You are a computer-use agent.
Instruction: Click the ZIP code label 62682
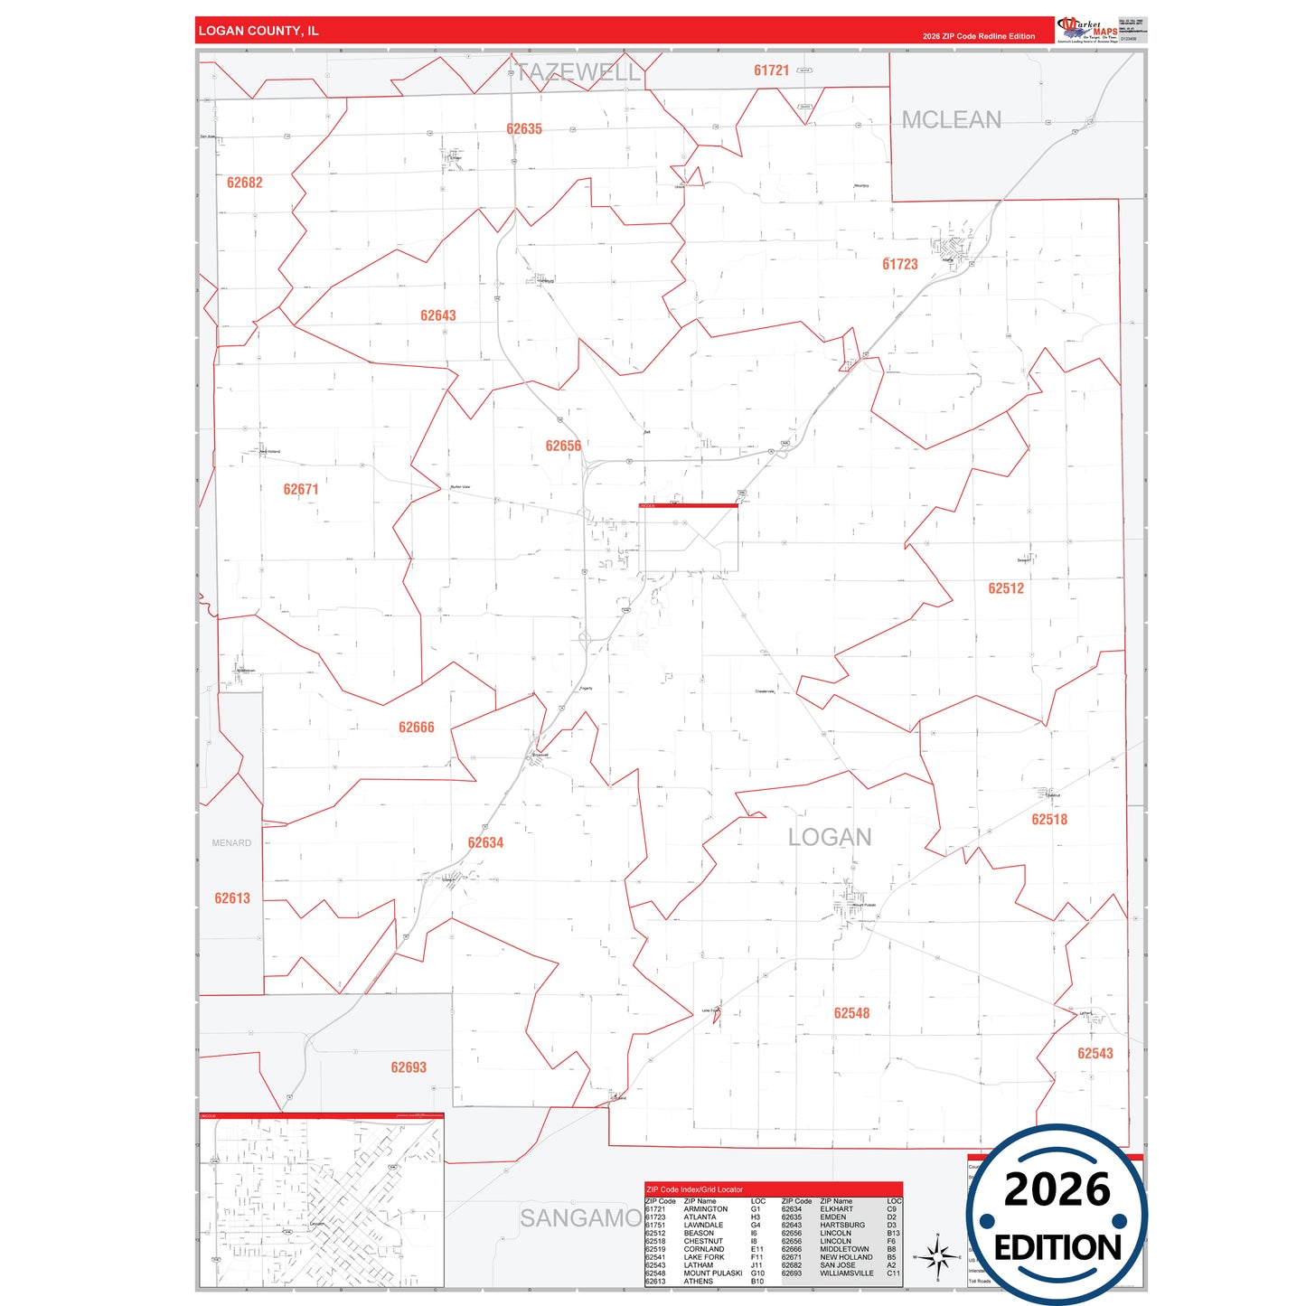[x=244, y=183]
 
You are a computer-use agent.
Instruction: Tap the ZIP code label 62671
[x=301, y=489]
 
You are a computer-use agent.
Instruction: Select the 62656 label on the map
[x=563, y=446]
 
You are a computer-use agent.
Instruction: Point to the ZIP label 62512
[x=1005, y=588]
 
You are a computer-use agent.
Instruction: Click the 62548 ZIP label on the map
[x=851, y=1013]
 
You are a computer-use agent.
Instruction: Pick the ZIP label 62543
[x=1095, y=1053]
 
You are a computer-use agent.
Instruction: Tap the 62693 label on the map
[x=409, y=1067]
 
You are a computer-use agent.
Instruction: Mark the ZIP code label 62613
[x=232, y=898]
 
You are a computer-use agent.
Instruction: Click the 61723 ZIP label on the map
[x=899, y=264]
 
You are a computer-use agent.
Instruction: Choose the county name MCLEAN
[x=951, y=120]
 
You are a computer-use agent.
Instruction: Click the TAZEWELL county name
[x=578, y=72]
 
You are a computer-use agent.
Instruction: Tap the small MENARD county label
[x=231, y=843]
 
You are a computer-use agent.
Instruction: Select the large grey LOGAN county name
[x=830, y=838]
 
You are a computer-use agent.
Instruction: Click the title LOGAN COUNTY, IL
[x=258, y=31]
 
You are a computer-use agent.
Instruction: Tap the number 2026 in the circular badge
[x=1057, y=1189]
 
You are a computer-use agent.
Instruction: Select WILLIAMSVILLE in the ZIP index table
[x=847, y=1273]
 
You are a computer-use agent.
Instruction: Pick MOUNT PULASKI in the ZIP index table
[x=712, y=1273]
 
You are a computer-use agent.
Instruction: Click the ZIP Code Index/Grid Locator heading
[x=694, y=1189]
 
